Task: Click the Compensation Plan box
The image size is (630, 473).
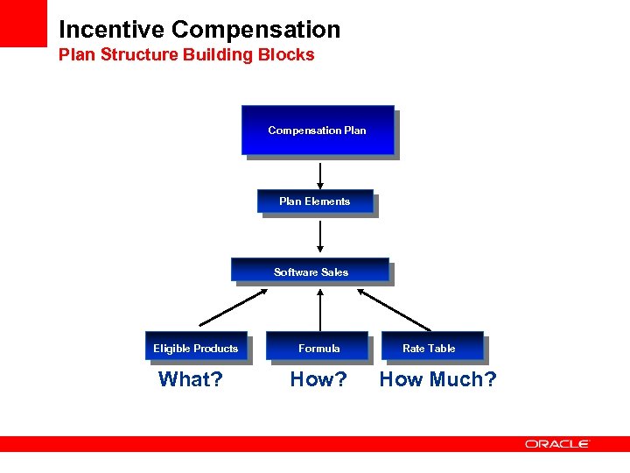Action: tap(318, 131)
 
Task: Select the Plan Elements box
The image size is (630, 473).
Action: tap(315, 201)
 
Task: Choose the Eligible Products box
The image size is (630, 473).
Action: tap(196, 348)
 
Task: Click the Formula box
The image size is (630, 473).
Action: tap(318, 348)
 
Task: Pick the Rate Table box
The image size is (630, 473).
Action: tap(429, 348)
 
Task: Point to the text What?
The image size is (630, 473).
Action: tap(190, 379)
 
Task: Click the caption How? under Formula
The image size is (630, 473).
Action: tap(318, 379)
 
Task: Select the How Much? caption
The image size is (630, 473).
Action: tap(437, 379)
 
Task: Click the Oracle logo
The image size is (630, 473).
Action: tap(557, 444)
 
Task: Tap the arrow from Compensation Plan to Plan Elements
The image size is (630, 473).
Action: tap(320, 175)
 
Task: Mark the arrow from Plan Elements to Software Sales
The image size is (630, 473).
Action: tap(320, 236)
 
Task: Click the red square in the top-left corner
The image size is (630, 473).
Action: tap(23, 23)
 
